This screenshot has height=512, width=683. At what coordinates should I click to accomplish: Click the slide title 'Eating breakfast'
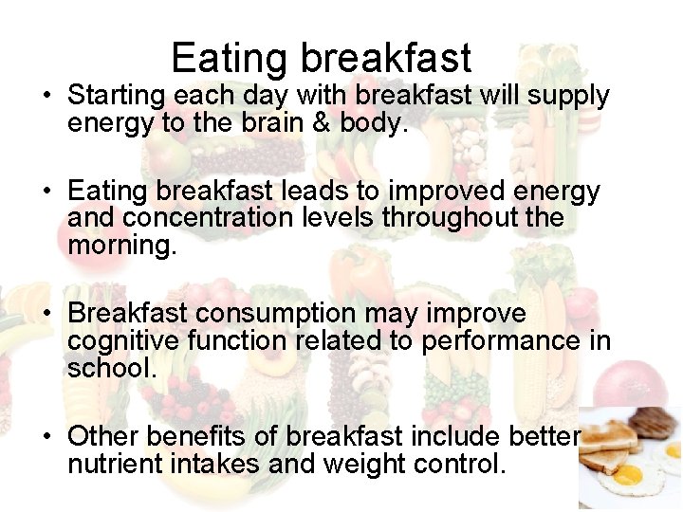coord(321,58)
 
